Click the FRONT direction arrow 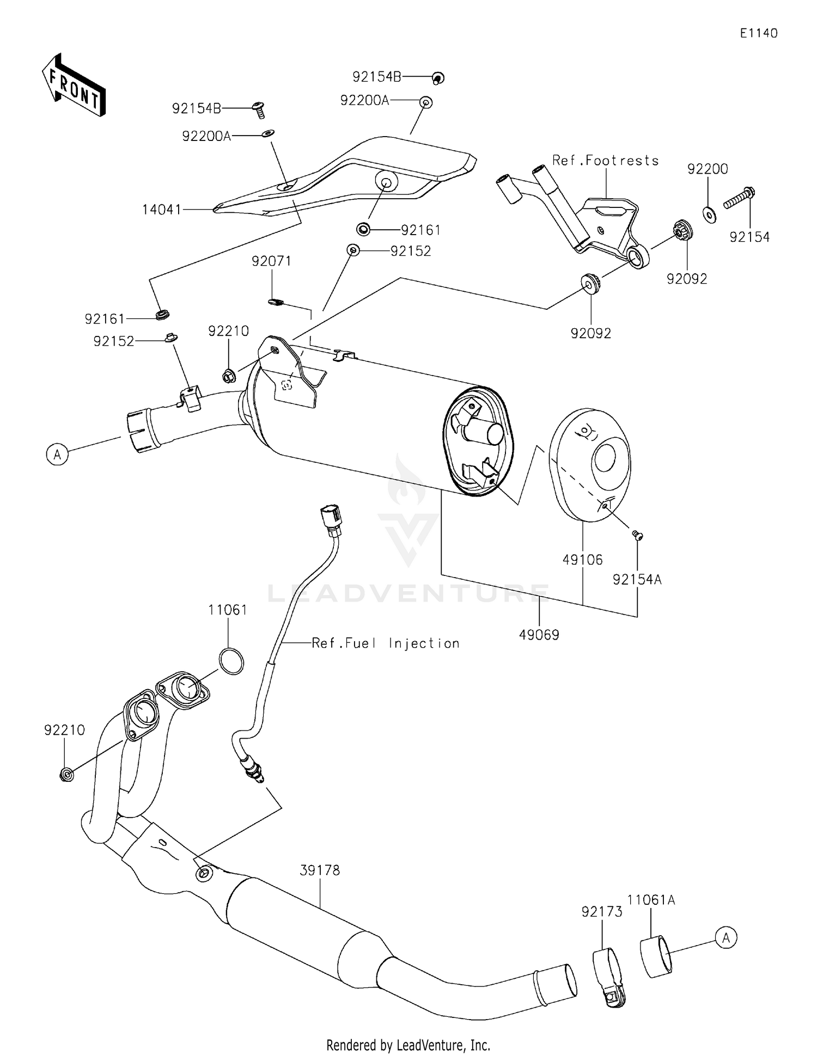coord(74,85)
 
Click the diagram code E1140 coord(758,33)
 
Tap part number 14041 coord(161,209)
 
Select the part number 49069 coord(539,634)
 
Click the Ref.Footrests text coord(605,160)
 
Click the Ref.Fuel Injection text coord(385,643)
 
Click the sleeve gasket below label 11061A coord(656,956)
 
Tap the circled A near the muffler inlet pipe coord(57,453)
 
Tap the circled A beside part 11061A coord(726,938)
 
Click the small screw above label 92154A coord(637,536)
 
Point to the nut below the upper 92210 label coord(229,375)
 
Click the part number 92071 coord(271,261)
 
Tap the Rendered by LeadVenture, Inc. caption coord(408,1045)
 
